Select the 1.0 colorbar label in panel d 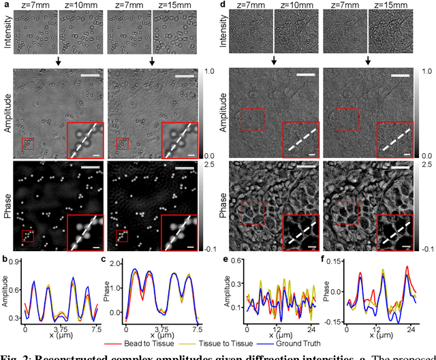click(427, 71)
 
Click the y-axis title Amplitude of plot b click(5, 286)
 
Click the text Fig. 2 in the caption click(14, 355)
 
